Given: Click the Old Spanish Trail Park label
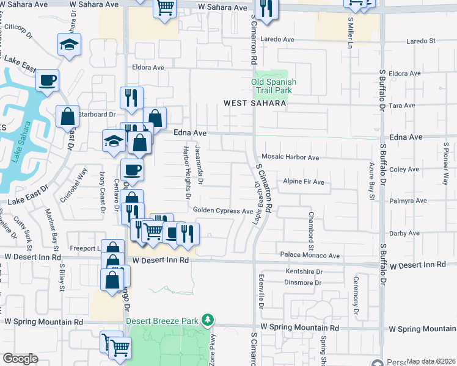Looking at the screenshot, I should point(274,86).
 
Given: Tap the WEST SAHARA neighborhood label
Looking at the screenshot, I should point(255,104).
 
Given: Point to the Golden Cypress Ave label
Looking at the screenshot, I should point(223,211).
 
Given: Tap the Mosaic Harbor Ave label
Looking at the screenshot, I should point(290,157).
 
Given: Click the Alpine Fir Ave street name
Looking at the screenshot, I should point(304,182).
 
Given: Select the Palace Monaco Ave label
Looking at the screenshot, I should point(309,254).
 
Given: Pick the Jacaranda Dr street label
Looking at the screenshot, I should point(199,165).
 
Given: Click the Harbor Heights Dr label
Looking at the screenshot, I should point(186,172).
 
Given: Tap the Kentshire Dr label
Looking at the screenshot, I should point(303,271).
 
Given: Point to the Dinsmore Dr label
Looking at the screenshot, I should point(303,282).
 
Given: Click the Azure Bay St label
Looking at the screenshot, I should point(371,181).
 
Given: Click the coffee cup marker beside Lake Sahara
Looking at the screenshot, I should point(47,79).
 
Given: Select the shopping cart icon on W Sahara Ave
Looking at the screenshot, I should point(165,8).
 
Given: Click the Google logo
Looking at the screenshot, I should point(20,359).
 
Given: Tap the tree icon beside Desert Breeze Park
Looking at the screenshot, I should point(208,320).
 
